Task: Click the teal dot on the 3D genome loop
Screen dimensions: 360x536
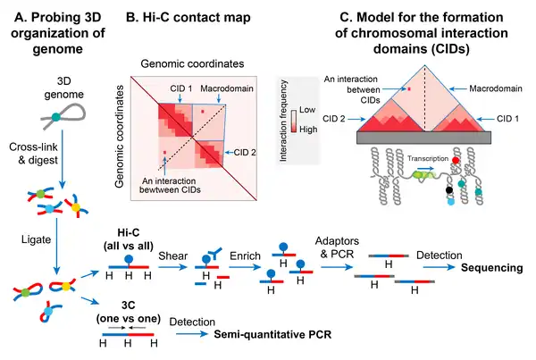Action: [x=55, y=118]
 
